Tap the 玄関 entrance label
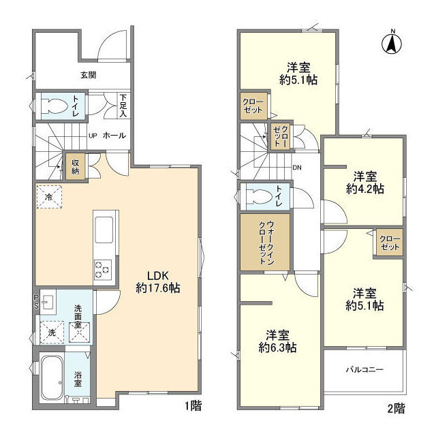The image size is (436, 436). click(89, 75)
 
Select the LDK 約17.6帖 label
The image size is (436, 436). click(158, 282)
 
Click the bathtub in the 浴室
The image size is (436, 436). click(52, 377)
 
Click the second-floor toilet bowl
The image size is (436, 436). click(258, 197)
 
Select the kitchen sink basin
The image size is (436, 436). click(104, 230)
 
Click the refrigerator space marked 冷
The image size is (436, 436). click(49, 197)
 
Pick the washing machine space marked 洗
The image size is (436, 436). click(52, 332)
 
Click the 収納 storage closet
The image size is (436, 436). click(76, 167)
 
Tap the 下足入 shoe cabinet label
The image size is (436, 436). click(123, 106)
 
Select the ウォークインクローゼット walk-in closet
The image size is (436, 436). click(265, 242)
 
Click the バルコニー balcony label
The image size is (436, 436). click(365, 369)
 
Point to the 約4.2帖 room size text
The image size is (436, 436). click(365, 189)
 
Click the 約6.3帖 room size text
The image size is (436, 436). click(277, 347)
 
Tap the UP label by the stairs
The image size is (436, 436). click(93, 136)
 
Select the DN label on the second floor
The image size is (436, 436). click(297, 168)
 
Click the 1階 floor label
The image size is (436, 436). click(193, 406)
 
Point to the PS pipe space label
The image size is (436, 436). click(37, 301)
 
